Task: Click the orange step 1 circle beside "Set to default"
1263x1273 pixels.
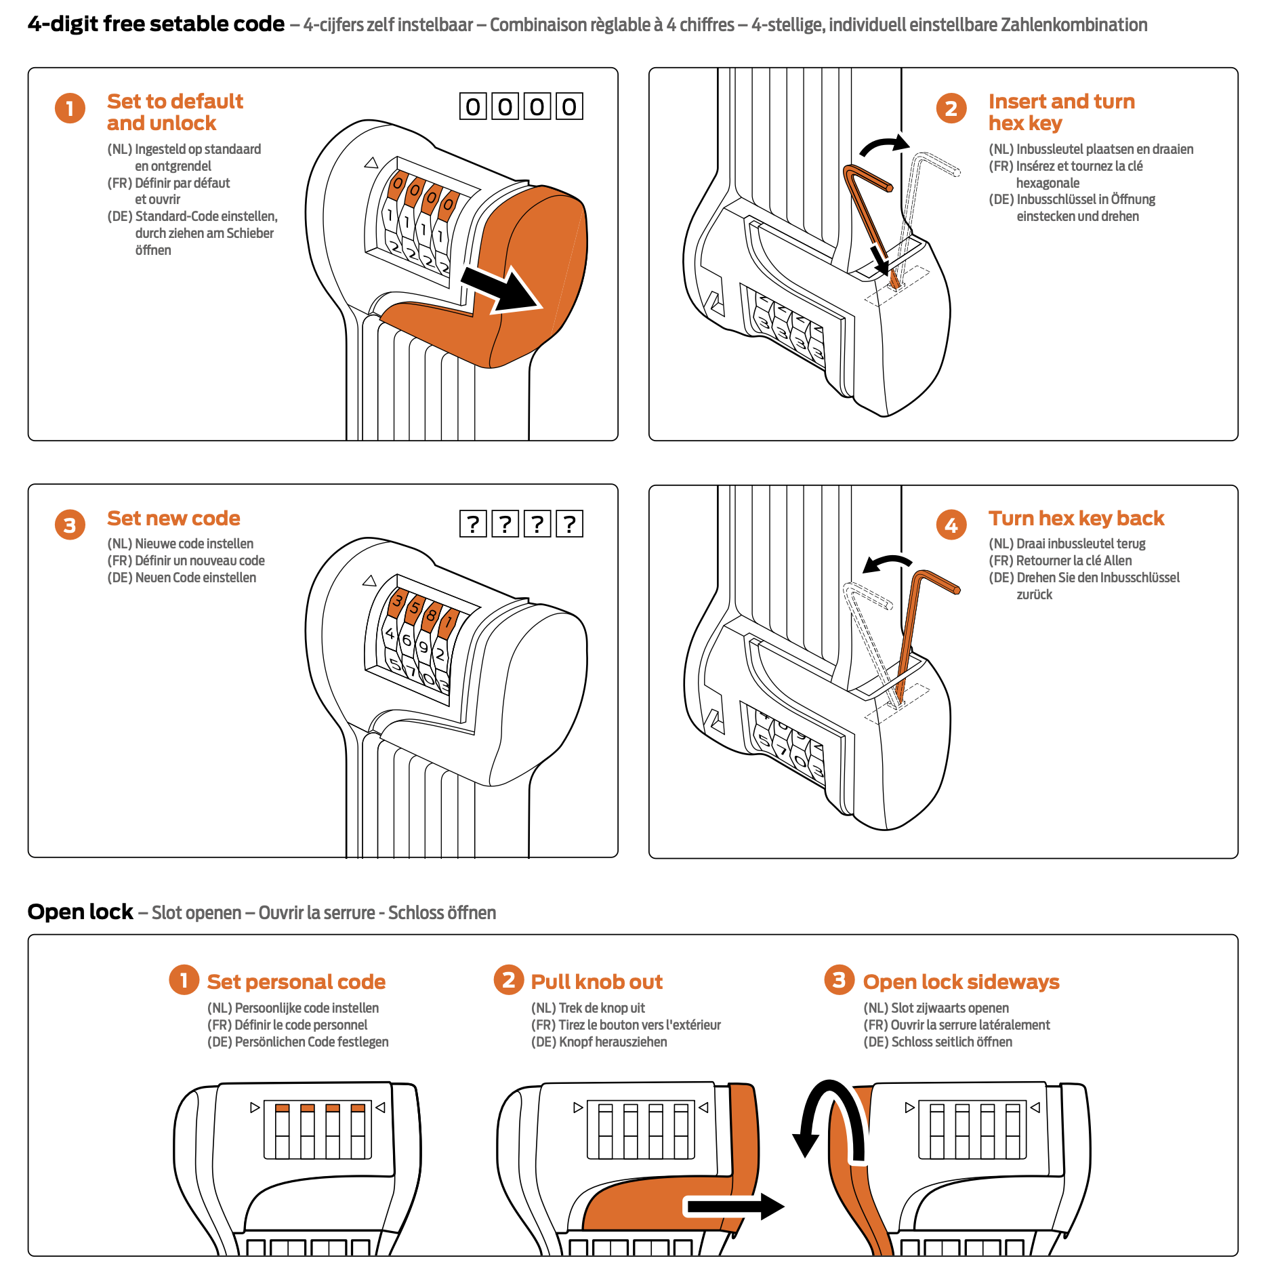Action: (x=70, y=108)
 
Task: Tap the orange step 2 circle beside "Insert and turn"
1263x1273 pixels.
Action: (x=951, y=108)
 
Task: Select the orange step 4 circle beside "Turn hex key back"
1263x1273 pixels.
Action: (x=951, y=525)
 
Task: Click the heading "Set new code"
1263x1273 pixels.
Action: (x=173, y=519)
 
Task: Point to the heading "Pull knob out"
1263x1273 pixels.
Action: (x=596, y=982)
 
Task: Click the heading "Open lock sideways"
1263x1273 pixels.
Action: (x=961, y=982)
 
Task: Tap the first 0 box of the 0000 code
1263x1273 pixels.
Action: (x=473, y=106)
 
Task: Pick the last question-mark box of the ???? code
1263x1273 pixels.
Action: (x=570, y=523)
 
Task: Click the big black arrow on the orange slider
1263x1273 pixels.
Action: (x=501, y=289)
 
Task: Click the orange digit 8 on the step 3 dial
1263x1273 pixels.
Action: (x=430, y=616)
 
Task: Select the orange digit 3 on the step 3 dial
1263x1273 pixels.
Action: (x=398, y=600)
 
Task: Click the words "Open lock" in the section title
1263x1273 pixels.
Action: (x=80, y=912)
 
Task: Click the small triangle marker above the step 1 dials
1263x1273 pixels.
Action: (x=371, y=163)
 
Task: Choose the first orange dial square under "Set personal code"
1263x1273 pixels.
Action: (x=282, y=1108)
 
